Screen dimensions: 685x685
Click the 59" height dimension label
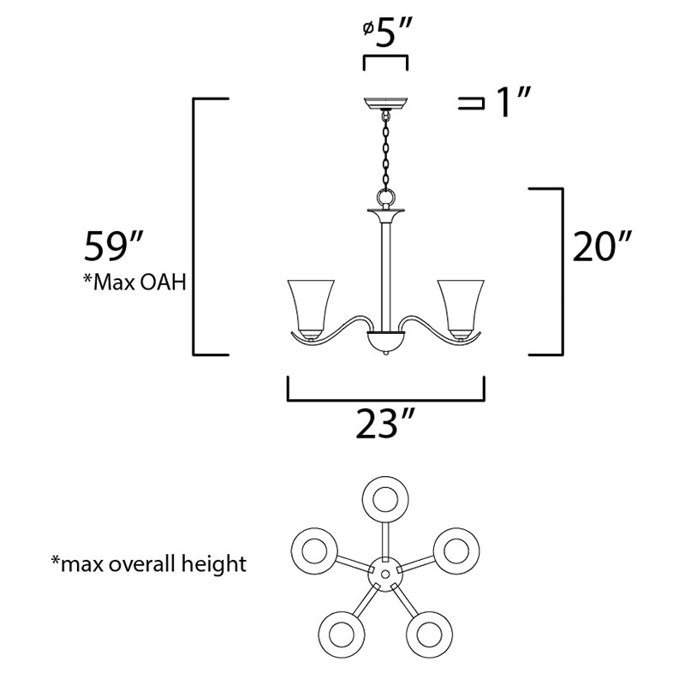114,246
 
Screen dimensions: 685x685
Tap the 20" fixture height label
603,246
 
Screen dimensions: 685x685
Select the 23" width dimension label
384,423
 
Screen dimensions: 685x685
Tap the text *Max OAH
135,282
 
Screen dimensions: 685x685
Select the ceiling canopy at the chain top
385,104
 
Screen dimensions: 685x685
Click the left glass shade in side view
311,309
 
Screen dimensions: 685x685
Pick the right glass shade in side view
461,309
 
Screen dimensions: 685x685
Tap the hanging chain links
386,151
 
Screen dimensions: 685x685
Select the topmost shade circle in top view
385,500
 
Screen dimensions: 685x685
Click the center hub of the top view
384,574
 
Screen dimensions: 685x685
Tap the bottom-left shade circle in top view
341,634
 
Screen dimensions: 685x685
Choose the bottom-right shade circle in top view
430,634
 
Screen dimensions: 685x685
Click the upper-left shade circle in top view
314,551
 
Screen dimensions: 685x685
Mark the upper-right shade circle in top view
456,551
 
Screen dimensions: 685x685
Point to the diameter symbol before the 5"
368,29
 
